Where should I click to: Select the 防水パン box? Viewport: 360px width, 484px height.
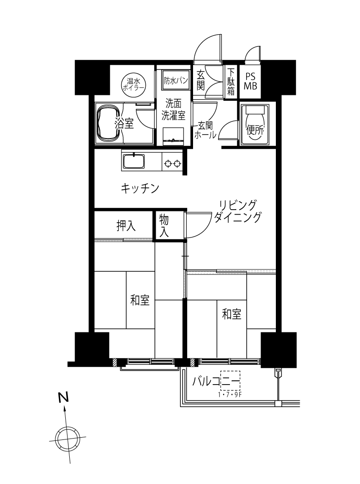click(x=175, y=81)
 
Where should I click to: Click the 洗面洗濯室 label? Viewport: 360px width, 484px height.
click(x=174, y=109)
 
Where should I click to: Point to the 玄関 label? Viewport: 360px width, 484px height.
click(x=201, y=80)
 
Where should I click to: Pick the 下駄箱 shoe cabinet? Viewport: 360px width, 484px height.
click(x=231, y=82)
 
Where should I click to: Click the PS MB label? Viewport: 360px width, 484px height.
click(x=250, y=81)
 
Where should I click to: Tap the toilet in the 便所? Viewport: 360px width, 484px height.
click(x=255, y=125)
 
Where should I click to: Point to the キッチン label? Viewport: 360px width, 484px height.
click(x=140, y=188)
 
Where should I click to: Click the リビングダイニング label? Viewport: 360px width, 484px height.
click(x=238, y=211)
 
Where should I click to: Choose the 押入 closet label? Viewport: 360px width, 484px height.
click(x=126, y=226)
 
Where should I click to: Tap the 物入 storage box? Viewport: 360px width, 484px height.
click(x=164, y=226)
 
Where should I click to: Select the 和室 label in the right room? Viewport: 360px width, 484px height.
click(x=232, y=314)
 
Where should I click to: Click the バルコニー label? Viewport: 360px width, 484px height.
click(x=216, y=381)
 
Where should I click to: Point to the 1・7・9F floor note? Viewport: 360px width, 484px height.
click(x=229, y=394)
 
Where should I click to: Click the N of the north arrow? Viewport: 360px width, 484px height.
click(x=63, y=397)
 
